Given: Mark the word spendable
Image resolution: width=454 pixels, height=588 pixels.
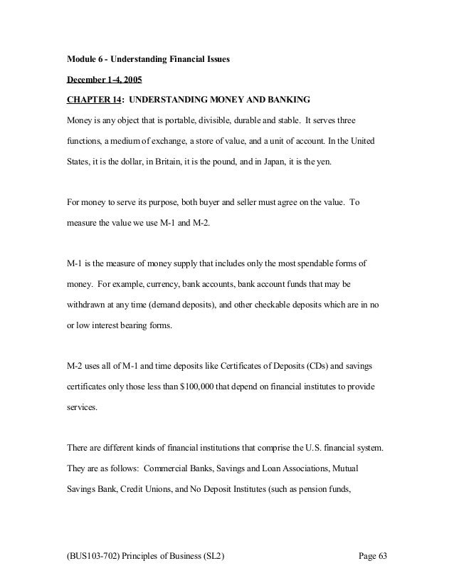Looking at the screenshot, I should click(312, 263).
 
